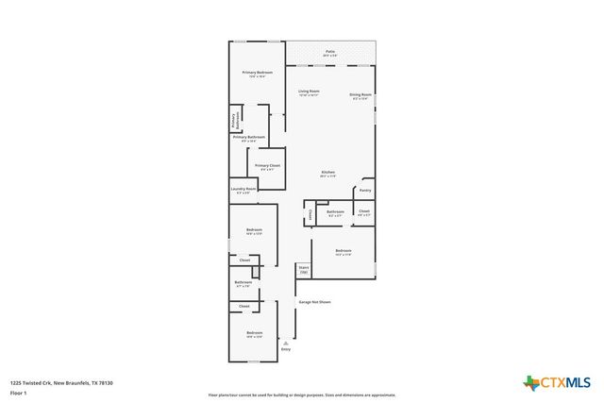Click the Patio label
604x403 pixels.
(x=330, y=53)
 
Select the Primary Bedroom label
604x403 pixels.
(x=257, y=74)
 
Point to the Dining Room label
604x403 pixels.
(x=361, y=95)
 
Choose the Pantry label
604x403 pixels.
(x=364, y=191)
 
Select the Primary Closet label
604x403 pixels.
(x=267, y=167)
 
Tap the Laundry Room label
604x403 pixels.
(x=243, y=190)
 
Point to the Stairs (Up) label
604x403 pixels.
(x=304, y=270)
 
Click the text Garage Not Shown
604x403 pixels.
(x=314, y=302)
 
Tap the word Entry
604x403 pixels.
(x=286, y=349)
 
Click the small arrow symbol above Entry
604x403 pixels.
(x=286, y=343)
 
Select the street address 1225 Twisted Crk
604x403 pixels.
(x=30, y=382)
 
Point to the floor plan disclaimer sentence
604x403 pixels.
(x=302, y=395)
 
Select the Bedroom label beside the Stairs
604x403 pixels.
(x=343, y=252)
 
